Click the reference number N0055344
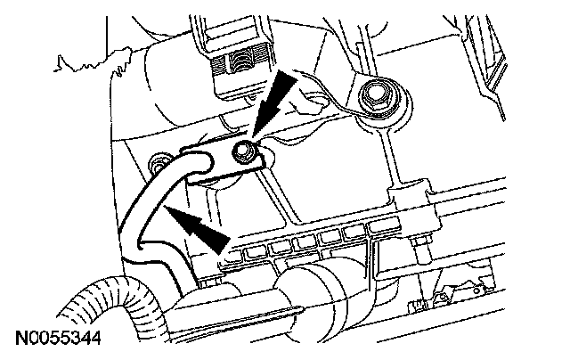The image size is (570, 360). click(x=56, y=339)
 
